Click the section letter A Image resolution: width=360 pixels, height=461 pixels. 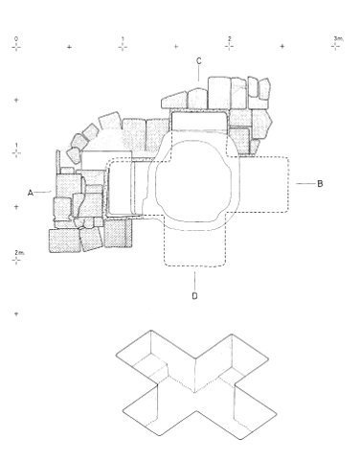coord(31,193)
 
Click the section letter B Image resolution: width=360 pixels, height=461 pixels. coord(320,183)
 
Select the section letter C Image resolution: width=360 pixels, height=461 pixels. coord(199,60)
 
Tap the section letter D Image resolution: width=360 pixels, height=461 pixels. coord(194,296)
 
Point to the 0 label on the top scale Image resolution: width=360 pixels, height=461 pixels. coord(16,39)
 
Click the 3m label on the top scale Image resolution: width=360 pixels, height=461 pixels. coord(338,38)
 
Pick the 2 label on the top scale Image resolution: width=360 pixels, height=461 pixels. coord(229,38)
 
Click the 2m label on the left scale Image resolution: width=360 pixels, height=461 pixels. coord(18,252)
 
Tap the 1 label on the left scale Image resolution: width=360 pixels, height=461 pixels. coord(16,146)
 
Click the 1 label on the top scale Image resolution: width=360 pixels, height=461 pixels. coord(123,39)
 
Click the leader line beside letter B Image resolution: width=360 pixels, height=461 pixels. coord(305,183)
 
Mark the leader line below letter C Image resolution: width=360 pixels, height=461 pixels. coord(198,74)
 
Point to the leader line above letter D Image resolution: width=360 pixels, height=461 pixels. coord(194,281)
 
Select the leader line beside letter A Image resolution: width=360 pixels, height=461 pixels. coord(43,192)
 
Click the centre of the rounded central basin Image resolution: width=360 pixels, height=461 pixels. coord(193,181)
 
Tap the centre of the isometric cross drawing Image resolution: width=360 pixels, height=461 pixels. coord(195,384)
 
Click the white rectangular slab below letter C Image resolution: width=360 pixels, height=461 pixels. coord(199,121)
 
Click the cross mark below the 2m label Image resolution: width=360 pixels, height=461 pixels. coord(16,261)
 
